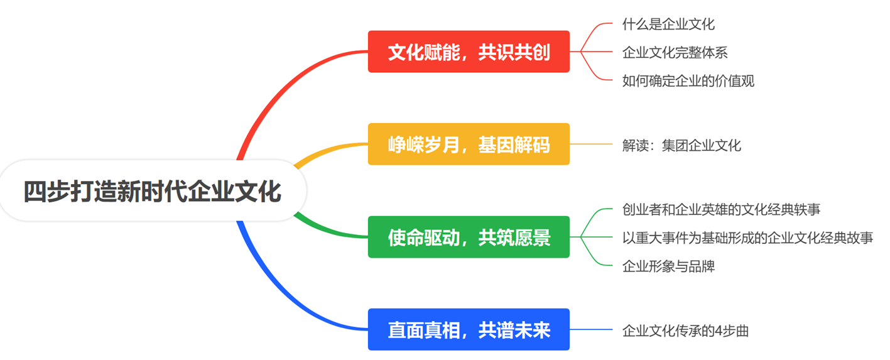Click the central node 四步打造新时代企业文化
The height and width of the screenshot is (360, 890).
[153, 191]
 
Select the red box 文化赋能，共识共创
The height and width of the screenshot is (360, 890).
[469, 52]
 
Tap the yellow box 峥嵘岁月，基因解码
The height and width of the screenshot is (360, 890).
[469, 145]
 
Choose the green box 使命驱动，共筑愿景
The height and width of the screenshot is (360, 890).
[469, 237]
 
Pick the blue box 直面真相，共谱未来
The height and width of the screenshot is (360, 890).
[469, 329]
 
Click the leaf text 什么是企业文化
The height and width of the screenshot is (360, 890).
[668, 25]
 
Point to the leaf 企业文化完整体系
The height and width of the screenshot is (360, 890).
[675, 52]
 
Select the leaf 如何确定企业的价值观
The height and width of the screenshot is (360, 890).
[688, 80]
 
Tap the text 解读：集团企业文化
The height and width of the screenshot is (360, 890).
[681, 145]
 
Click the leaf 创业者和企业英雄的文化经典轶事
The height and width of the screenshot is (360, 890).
[721, 209]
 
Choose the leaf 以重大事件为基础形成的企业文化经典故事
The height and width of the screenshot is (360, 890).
[747, 237]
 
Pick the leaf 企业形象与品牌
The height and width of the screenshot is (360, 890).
[668, 266]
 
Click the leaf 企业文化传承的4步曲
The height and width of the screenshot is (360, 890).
[685, 330]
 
